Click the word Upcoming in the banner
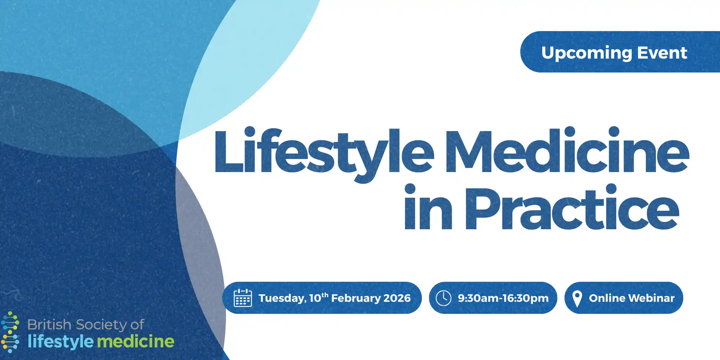pyautogui.click(x=587, y=53)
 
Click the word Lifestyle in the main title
pyautogui.click(x=324, y=153)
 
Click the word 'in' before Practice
pyautogui.click(x=428, y=207)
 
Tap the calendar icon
pyautogui.click(x=243, y=298)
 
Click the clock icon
pyautogui.click(x=444, y=298)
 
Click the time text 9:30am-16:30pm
pyautogui.click(x=503, y=298)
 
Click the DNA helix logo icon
pyautogui.click(x=10, y=332)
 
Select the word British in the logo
pyautogui.click(x=49, y=325)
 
